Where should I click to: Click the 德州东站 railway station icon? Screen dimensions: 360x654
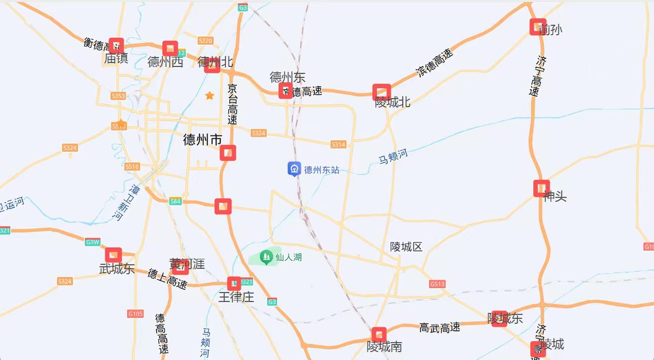pyautogui.click(x=294, y=169)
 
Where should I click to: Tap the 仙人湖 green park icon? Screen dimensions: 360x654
pyautogui.click(x=266, y=257)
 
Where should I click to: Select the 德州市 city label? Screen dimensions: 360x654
pyautogui.click(x=202, y=140)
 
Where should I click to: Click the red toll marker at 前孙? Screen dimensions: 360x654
pyautogui.click(x=538, y=27)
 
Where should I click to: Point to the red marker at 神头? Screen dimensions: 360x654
pyautogui.click(x=541, y=188)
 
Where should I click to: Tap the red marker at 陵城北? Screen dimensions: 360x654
pyautogui.click(x=382, y=92)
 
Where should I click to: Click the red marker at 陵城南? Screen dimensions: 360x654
pyautogui.click(x=379, y=335)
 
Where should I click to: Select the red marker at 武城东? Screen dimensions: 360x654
pyautogui.click(x=113, y=255)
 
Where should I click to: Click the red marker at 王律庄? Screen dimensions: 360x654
pyautogui.click(x=234, y=284)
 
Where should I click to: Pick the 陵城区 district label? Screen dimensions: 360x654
pyautogui.click(x=406, y=247)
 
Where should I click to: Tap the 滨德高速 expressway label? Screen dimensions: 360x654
pyautogui.click(x=435, y=63)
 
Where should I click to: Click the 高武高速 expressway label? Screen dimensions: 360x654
pyautogui.click(x=439, y=328)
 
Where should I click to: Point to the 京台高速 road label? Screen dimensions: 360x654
pyautogui.click(x=232, y=105)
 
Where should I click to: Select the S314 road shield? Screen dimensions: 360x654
pyautogui.click(x=338, y=145)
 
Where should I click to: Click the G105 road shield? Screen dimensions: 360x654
pyautogui.click(x=135, y=314)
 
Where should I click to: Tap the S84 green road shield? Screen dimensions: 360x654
pyautogui.click(x=175, y=201)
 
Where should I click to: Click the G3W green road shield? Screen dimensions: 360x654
pyautogui.click(x=92, y=242)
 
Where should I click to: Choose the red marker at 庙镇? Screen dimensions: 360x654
pyautogui.click(x=116, y=46)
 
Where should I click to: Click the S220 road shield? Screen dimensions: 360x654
pyautogui.click(x=205, y=41)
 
